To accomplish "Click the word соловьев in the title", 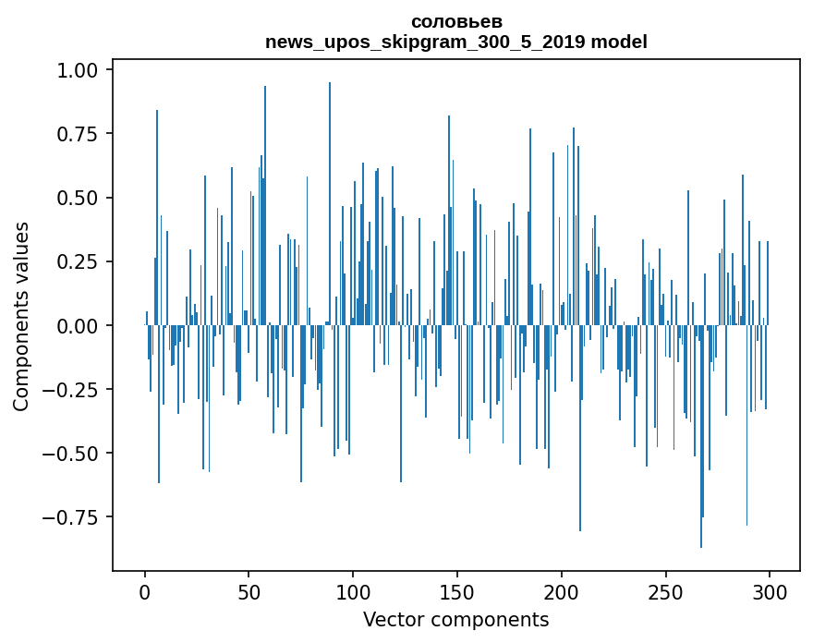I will click(x=456, y=22).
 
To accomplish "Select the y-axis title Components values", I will click(x=20, y=316).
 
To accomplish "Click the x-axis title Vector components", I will click(x=455, y=620).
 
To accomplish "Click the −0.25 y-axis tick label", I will click(x=79, y=389).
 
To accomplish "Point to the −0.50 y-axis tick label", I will click(x=79, y=453).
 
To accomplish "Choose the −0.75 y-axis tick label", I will click(x=79, y=516).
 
